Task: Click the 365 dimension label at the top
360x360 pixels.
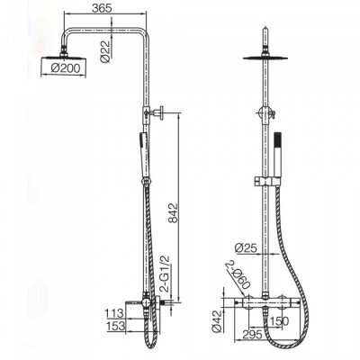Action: pos(102,8)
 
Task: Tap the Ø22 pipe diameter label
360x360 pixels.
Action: pos(105,51)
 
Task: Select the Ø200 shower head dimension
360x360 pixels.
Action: pos(66,68)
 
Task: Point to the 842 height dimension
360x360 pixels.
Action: pos(173,213)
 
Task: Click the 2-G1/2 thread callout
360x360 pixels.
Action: pos(166,274)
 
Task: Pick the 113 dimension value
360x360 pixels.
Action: pos(114,313)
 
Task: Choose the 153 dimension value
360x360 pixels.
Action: pos(115,326)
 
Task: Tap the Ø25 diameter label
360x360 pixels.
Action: pos(247,247)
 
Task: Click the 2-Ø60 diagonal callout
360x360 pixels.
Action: pos(238,275)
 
